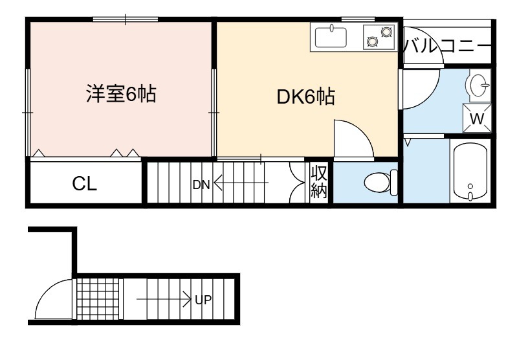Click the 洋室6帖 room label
(x=121, y=94)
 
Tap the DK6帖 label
(x=305, y=97)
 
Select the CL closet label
(x=84, y=184)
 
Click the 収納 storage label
(x=319, y=182)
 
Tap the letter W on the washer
(x=476, y=118)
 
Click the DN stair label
(x=201, y=185)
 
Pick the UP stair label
(x=203, y=300)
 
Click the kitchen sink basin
(x=331, y=38)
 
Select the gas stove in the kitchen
(x=379, y=37)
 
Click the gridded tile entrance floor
(x=98, y=299)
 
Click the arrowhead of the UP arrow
(x=188, y=299)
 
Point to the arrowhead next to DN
(x=217, y=182)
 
